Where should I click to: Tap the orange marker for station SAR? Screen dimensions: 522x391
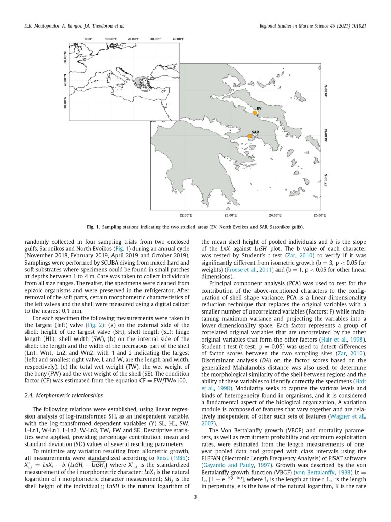tap(249, 136)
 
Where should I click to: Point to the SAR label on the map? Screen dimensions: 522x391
tap(256, 132)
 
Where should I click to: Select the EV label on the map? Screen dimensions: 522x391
tap(259, 109)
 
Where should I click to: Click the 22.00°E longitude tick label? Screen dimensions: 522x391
tap(186, 215)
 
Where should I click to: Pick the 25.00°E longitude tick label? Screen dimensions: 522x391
tap(319, 215)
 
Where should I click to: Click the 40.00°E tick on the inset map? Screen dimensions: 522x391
tap(178, 39)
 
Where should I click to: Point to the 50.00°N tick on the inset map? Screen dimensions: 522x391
tap(65, 57)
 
